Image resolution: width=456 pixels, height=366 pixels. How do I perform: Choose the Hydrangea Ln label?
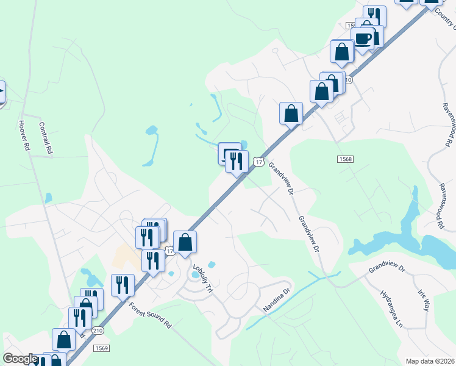391,309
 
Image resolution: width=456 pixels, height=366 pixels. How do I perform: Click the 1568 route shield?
345,159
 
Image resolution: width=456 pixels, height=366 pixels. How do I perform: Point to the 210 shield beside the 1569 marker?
98,330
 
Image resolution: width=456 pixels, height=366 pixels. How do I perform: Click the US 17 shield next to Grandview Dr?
259,162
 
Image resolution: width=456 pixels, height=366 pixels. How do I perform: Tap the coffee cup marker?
363,39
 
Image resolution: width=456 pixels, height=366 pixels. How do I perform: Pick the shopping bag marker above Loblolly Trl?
185,242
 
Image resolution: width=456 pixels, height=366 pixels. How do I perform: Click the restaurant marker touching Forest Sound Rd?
123,285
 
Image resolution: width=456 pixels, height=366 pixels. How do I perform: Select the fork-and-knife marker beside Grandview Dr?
237,162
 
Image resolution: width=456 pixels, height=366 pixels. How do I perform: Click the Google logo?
20,359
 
